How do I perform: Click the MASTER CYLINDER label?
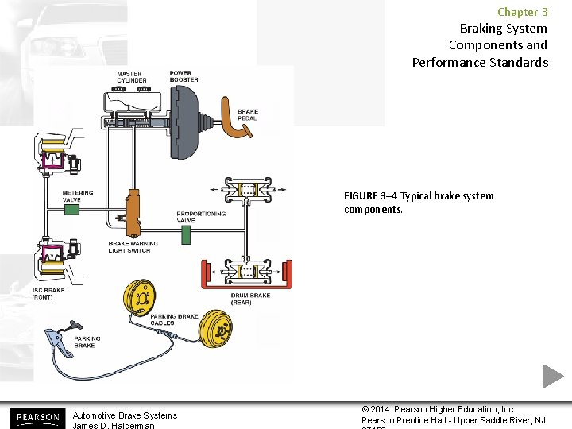(x=131, y=77)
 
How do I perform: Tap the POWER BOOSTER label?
(x=184, y=76)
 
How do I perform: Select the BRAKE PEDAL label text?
(x=247, y=115)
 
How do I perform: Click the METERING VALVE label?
(x=78, y=196)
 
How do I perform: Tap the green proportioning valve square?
(x=186, y=234)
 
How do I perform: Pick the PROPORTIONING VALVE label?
(x=201, y=217)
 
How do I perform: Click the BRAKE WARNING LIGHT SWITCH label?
(x=133, y=247)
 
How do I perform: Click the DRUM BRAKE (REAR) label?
(x=250, y=299)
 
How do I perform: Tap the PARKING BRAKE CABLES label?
(x=174, y=319)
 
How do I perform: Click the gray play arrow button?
(x=553, y=376)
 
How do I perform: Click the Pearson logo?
(x=37, y=417)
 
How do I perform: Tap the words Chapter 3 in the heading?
(x=522, y=12)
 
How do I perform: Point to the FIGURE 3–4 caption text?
(x=418, y=203)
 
